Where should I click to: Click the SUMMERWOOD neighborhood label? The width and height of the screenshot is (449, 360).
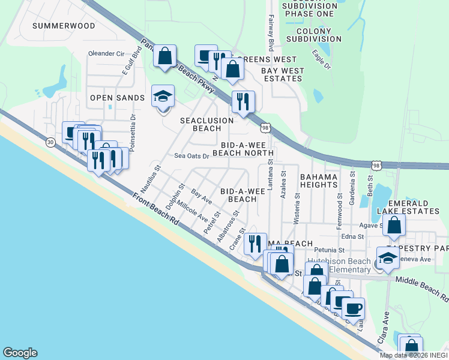64,26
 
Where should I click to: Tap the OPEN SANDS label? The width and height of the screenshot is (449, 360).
118,98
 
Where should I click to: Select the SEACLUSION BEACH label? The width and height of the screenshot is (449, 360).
207,124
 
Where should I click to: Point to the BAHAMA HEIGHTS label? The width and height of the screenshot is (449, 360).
318,181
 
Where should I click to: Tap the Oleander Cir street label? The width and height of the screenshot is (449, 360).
110,53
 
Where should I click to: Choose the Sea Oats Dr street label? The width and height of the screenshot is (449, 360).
191,156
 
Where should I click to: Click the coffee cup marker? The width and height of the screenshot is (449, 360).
353,308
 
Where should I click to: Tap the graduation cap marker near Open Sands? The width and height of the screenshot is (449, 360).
162,97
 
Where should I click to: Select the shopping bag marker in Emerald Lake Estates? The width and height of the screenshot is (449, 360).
394,226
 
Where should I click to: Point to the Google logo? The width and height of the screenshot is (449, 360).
20,353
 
